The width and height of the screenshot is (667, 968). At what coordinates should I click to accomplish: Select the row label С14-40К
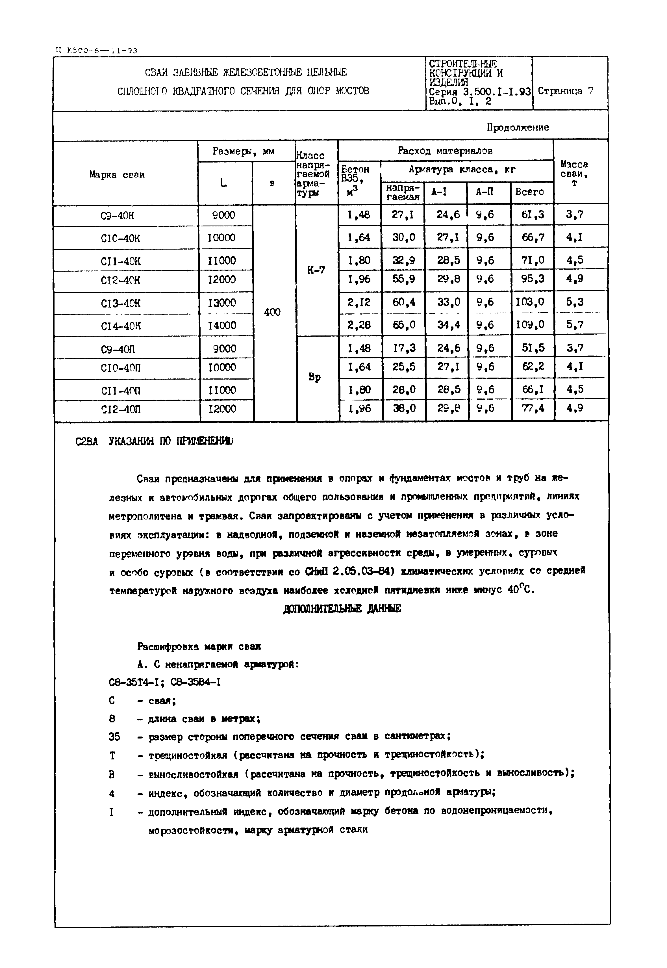click(x=121, y=325)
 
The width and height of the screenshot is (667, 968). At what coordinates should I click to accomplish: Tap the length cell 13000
click(x=222, y=302)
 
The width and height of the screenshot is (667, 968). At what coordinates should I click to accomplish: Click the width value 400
click(x=273, y=312)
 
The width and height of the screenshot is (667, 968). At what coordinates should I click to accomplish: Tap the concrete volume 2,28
click(x=359, y=324)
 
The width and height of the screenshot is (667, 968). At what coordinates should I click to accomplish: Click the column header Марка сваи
click(x=117, y=174)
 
